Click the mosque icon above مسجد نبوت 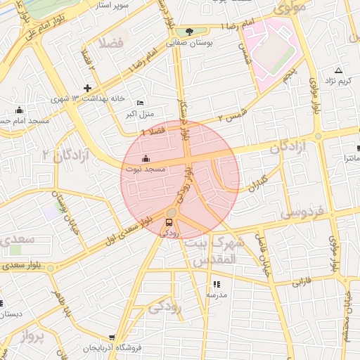click(x=146, y=158)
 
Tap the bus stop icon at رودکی click(x=169, y=222)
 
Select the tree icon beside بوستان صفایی click(x=188, y=32)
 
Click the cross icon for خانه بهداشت click(x=87, y=88)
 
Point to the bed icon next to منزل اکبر click(x=141, y=103)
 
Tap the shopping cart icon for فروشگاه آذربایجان click(x=112, y=337)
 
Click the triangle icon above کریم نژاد click(x=339, y=70)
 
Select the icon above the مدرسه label click(x=216, y=284)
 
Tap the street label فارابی click(x=301, y=283)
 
